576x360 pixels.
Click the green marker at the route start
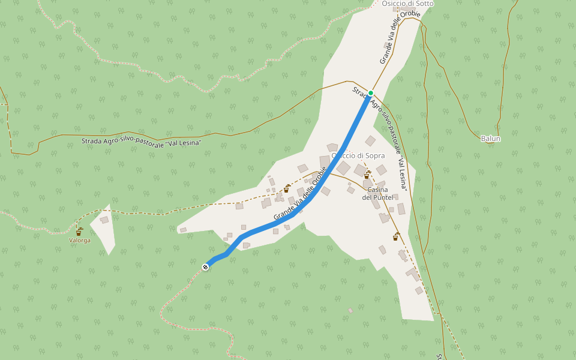pyautogui.click(x=371, y=92)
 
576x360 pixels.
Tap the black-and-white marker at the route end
pyautogui.click(x=206, y=266)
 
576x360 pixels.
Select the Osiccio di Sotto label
pyautogui.click(x=407, y=4)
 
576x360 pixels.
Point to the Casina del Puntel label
pyautogui.click(x=377, y=193)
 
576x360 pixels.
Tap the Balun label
pyautogui.click(x=491, y=139)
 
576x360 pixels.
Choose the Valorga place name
pyautogui.click(x=79, y=241)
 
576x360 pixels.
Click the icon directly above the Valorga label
pyautogui.click(x=79, y=231)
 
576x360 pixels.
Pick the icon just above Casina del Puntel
pyautogui.click(x=367, y=175)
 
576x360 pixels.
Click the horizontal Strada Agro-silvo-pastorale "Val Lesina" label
pyautogui.click(x=141, y=142)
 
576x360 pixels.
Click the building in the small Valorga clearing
pyautogui.click(x=104, y=220)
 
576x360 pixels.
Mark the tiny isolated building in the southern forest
pyautogui.click(x=350, y=311)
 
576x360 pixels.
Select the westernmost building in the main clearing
pyautogui.click(x=183, y=230)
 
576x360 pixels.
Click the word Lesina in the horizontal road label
pyautogui.click(x=186, y=143)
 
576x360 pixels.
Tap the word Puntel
pyautogui.click(x=382, y=197)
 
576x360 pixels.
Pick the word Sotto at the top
pyautogui.click(x=423, y=4)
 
